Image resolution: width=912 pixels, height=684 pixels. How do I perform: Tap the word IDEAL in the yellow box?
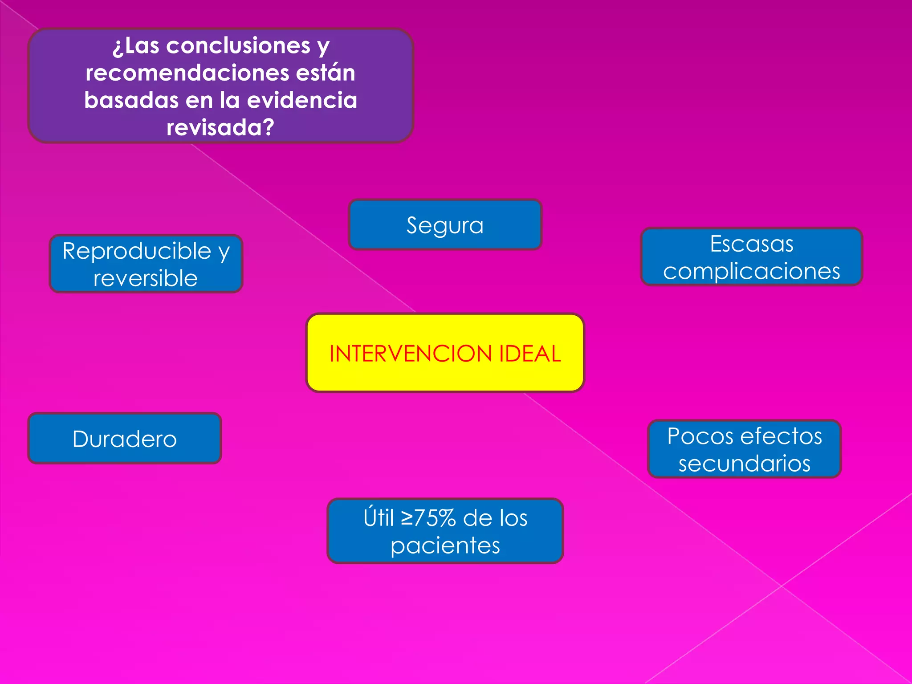click(530, 354)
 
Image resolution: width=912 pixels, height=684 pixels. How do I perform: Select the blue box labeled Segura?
click(445, 225)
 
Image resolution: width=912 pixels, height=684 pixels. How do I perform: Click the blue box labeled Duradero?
click(125, 439)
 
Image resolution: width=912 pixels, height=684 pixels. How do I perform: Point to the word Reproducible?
click(137, 251)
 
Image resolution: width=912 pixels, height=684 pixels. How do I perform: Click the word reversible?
click(145, 279)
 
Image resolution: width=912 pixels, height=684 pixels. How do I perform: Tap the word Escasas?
click(751, 244)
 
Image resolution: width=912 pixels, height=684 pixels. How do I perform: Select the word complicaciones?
click(751, 271)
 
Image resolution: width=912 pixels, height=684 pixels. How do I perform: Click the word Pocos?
click(700, 436)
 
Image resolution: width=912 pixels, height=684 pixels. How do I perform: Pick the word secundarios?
click(744, 464)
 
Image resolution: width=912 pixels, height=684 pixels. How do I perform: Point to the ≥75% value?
click(428, 518)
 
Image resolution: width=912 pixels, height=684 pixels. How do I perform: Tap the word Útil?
click(379, 518)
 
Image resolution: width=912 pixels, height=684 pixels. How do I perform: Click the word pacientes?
click(445, 546)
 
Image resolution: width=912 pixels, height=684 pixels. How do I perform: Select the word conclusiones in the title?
click(238, 45)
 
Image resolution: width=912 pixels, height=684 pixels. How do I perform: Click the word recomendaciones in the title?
click(187, 73)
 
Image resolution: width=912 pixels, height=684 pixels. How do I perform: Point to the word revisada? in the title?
click(220, 128)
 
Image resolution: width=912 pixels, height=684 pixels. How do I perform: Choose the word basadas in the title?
click(131, 100)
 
